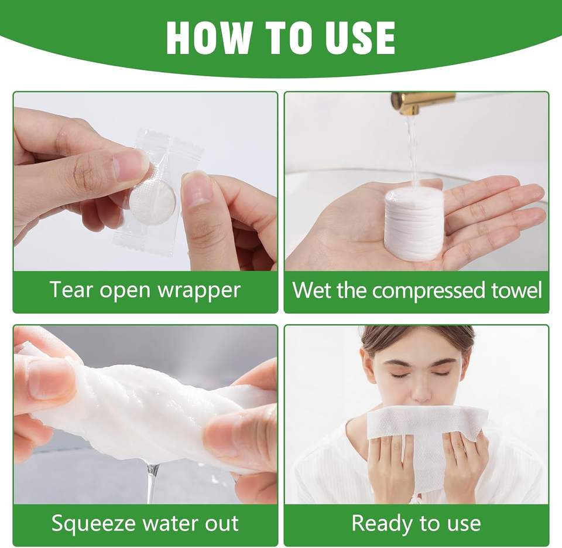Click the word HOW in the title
tap(208, 38)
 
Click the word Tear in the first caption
tap(71, 290)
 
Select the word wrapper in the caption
tap(199, 291)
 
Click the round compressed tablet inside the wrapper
tap(152, 202)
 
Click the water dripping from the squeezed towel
tap(152, 483)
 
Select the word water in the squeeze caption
tap(172, 524)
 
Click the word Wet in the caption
tap(311, 290)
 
